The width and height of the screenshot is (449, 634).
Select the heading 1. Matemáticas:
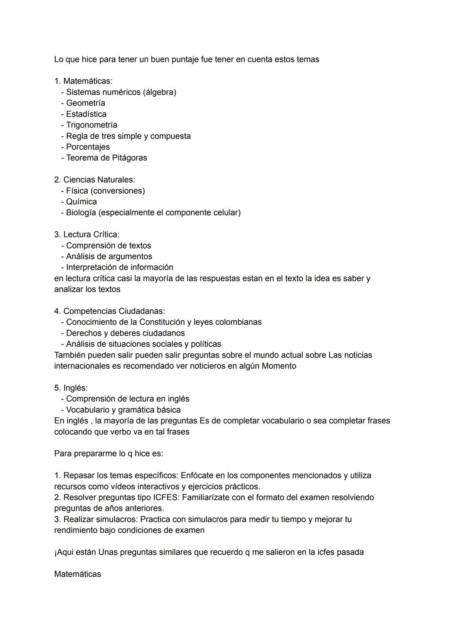point(83,81)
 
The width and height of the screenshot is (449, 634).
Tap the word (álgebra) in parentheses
point(160,92)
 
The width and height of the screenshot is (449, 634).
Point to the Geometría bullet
point(85,103)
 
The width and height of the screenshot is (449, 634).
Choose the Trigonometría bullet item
point(91,125)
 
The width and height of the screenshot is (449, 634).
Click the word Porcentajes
point(88,147)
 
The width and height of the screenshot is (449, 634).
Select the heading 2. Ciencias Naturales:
point(94,180)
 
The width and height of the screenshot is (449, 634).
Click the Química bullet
point(81,202)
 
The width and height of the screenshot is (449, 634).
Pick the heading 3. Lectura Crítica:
point(86,234)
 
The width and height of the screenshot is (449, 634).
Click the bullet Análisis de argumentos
point(109,257)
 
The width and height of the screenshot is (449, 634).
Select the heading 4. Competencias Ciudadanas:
point(109,311)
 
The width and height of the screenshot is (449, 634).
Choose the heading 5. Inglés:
point(71,388)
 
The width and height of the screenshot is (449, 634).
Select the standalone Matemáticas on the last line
point(77,574)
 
